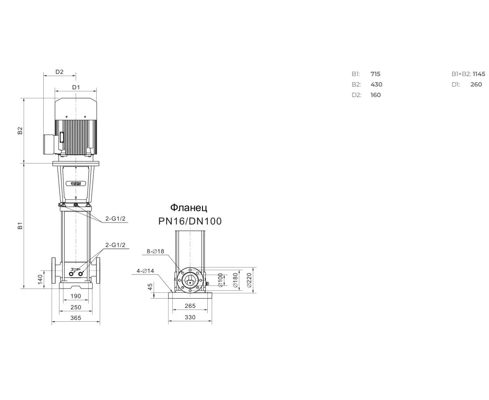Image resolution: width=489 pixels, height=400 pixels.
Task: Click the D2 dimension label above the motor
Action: click(x=59, y=72)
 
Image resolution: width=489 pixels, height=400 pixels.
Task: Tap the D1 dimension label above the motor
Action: click(x=76, y=87)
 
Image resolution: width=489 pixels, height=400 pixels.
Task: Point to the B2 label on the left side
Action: click(x=20, y=130)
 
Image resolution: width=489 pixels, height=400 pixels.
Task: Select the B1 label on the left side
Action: click(x=20, y=226)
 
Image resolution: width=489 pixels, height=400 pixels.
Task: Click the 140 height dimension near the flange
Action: click(x=40, y=279)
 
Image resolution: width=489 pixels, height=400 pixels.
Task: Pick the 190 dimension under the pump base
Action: click(x=76, y=296)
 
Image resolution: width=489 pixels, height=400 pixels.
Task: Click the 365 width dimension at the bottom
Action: click(x=76, y=318)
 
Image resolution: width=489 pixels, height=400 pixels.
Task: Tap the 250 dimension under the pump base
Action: click(x=76, y=307)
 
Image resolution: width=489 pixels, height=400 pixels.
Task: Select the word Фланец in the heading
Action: click(x=189, y=208)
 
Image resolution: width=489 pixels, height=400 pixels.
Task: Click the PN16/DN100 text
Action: click(x=190, y=221)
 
